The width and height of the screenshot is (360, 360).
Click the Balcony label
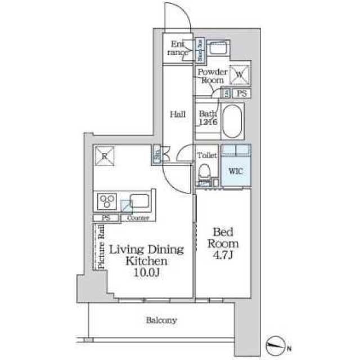161,321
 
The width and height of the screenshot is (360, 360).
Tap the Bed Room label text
224,237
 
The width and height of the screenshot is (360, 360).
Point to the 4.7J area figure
224,255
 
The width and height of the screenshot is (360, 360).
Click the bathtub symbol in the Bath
232,120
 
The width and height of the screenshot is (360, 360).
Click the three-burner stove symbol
107,201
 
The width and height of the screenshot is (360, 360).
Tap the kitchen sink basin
138,200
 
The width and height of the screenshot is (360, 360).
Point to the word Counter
138,218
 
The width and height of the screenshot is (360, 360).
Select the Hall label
178,114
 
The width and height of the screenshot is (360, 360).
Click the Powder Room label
212,76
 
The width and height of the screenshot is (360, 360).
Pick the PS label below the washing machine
242,94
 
